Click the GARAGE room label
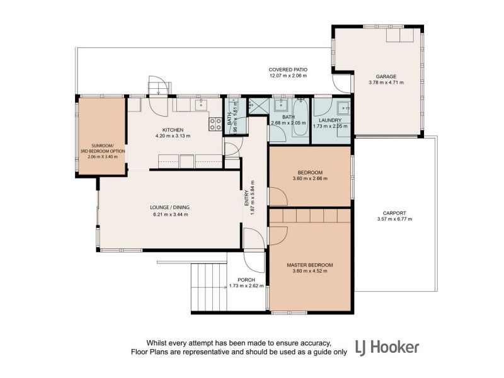(x=386, y=76)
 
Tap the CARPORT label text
(x=394, y=213)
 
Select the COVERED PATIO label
(x=288, y=70)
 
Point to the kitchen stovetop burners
(x=215, y=124)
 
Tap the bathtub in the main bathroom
(x=301, y=118)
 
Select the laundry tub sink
(x=344, y=108)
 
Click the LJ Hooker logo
(x=387, y=348)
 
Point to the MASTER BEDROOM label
(x=310, y=265)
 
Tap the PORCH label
(x=246, y=280)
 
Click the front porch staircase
(x=209, y=287)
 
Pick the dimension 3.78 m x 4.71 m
(x=386, y=83)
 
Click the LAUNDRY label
(x=330, y=120)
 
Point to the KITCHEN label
(x=173, y=130)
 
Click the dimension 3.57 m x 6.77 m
(x=394, y=219)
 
